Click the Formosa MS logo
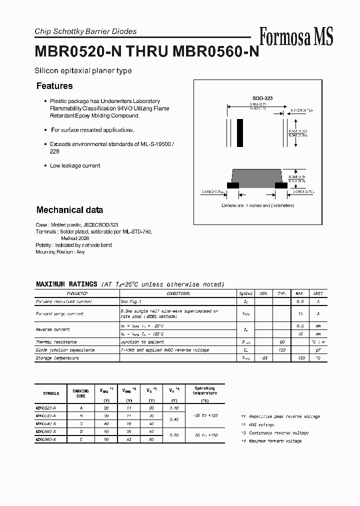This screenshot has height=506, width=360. click(x=295, y=36)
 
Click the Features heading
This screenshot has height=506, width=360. click(x=54, y=86)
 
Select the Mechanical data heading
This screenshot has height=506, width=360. click(x=69, y=210)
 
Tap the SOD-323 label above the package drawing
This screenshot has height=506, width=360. click(x=262, y=98)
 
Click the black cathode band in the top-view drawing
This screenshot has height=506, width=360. click(x=240, y=132)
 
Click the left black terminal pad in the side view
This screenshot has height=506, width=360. click(x=232, y=185)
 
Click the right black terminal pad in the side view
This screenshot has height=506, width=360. click(x=281, y=185)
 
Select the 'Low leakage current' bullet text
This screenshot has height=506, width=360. click(x=75, y=165)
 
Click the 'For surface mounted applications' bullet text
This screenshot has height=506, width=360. click(x=92, y=130)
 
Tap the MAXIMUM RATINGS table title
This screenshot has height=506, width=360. click(x=66, y=284)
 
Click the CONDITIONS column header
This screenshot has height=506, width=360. click(x=178, y=293)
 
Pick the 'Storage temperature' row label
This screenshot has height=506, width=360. click(x=57, y=358)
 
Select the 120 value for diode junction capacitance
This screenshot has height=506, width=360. click(x=281, y=350)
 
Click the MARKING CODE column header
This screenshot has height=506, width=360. click(x=80, y=393)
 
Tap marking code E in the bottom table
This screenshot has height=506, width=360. click(x=80, y=439)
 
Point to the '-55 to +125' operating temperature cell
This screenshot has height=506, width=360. click(x=204, y=415)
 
